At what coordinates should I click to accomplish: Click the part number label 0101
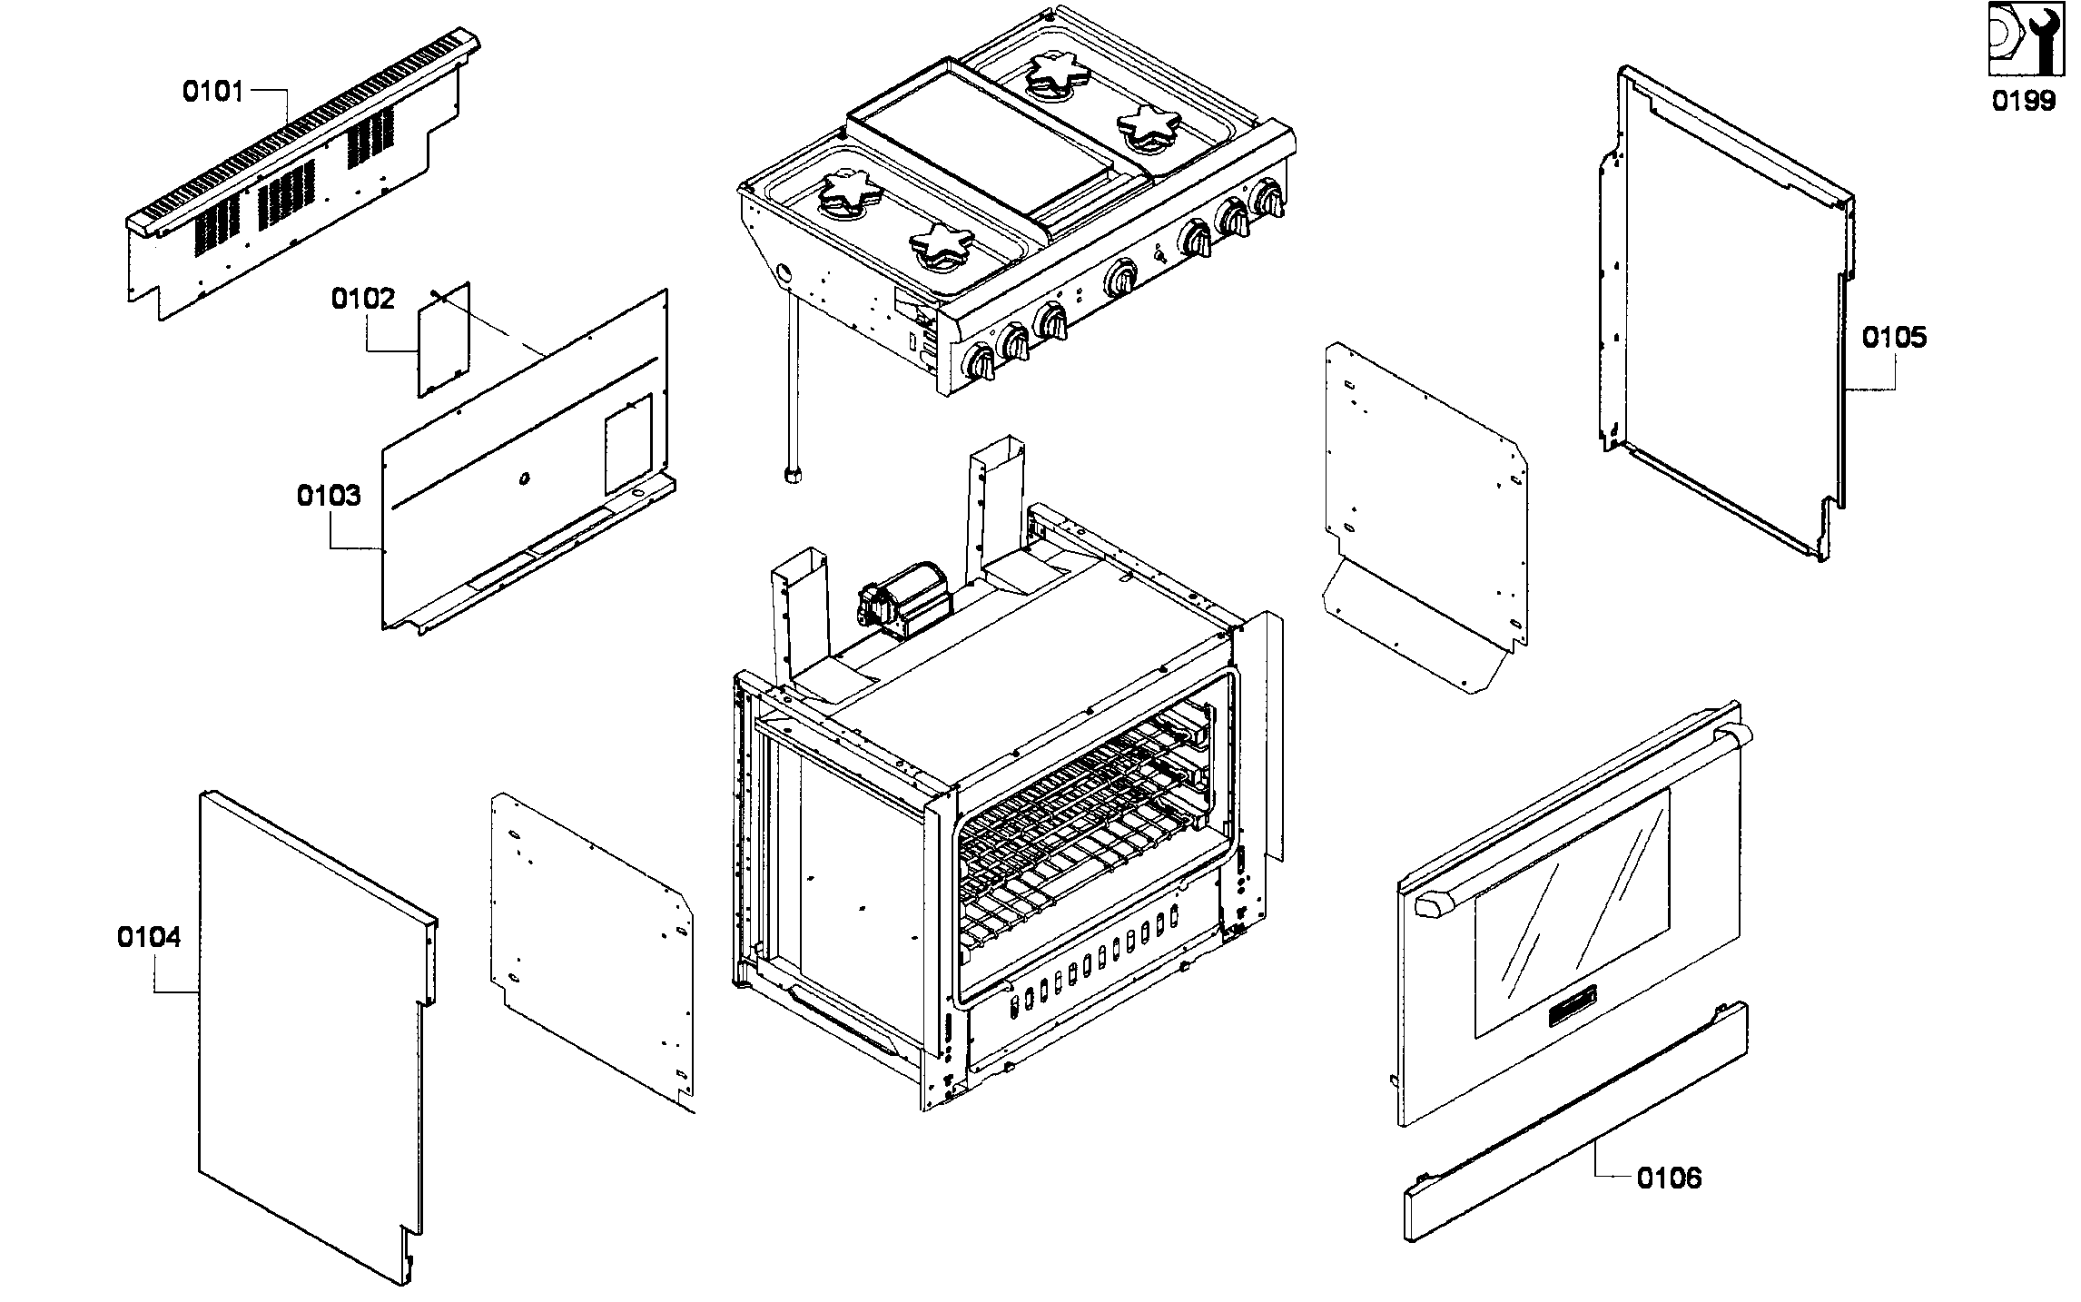(x=213, y=92)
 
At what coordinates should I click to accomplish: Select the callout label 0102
(x=362, y=299)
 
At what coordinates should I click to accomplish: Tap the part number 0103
(x=329, y=496)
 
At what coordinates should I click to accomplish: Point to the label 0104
(x=149, y=937)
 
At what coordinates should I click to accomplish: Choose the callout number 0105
(x=1894, y=338)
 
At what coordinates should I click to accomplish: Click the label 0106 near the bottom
(x=1669, y=1179)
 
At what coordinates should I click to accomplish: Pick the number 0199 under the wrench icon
(x=2024, y=100)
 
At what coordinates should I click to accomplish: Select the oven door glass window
(x=1571, y=912)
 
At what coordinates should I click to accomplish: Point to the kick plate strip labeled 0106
(x=1574, y=1122)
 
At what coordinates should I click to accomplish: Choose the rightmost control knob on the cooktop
(x=1269, y=200)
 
